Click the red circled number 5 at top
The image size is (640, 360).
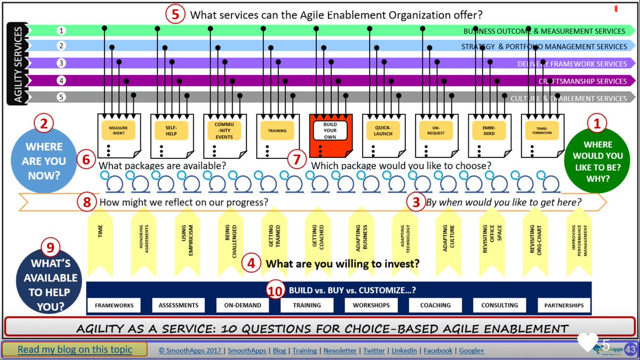[x=175, y=14]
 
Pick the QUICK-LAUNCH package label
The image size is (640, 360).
[x=383, y=131]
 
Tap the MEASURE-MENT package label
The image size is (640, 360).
[x=118, y=131]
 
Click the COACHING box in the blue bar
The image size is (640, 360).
[x=435, y=305]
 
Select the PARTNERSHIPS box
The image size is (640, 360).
[x=564, y=305]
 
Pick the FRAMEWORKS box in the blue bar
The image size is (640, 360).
[x=115, y=305]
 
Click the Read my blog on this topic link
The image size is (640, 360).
[x=75, y=350]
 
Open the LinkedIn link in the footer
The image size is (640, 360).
[x=404, y=350]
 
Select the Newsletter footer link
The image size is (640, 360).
[x=340, y=350]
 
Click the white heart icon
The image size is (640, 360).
[x=588, y=343]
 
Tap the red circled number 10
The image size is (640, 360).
[x=275, y=291]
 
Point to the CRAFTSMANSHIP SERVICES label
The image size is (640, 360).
[x=582, y=81]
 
